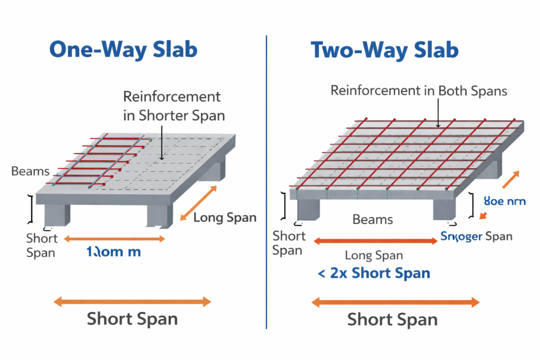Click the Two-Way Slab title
point(384,50)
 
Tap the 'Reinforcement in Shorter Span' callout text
point(172,106)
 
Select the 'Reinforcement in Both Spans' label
point(419,91)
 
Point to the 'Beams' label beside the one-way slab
point(30,171)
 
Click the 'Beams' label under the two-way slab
point(372,219)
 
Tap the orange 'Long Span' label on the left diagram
point(225,217)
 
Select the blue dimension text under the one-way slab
point(113,252)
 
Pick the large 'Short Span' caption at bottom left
point(132,319)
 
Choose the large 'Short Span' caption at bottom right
point(392,319)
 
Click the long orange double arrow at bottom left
point(132,301)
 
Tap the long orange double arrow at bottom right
point(395,302)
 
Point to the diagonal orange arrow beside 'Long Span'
point(198,203)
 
